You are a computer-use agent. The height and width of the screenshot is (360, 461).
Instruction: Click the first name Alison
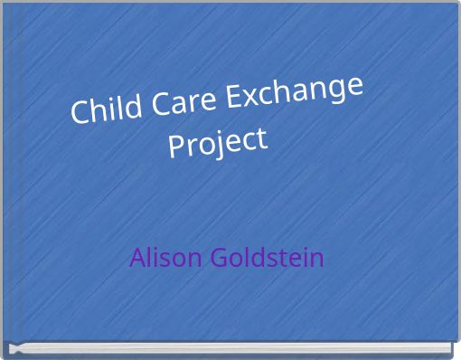[166, 258]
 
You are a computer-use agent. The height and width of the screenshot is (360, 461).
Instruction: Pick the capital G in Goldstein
[216, 258]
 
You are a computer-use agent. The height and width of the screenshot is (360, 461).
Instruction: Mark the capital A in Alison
[136, 258]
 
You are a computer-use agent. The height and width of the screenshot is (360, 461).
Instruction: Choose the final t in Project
[262, 139]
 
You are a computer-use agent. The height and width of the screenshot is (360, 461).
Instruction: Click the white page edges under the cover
[235, 349]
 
